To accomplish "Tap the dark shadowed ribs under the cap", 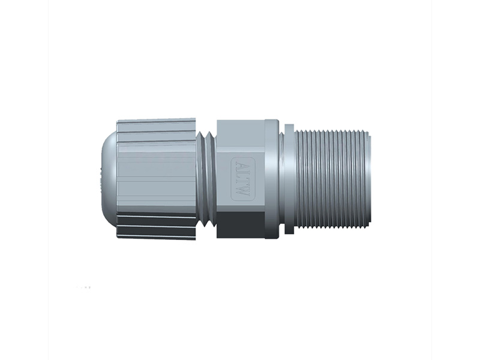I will (x=156, y=226).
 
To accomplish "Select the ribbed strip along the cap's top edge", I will (x=156, y=125).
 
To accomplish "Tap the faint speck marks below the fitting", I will (x=84, y=288).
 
